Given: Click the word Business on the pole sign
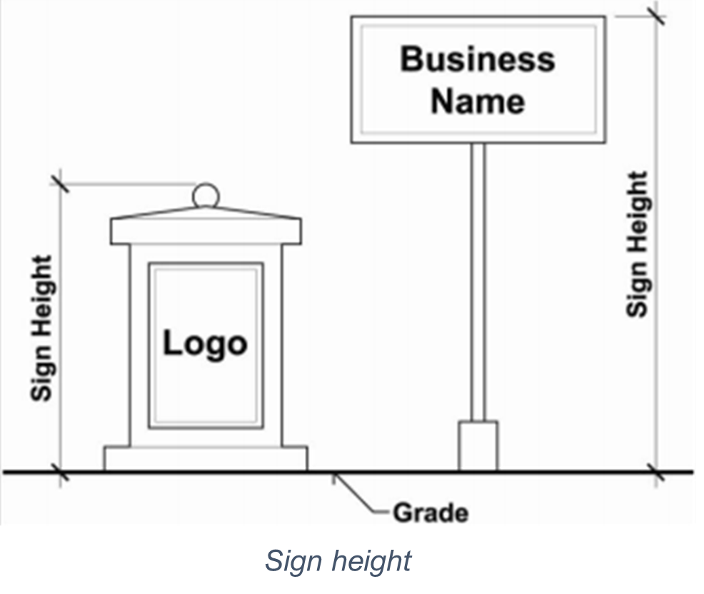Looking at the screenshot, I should (x=477, y=59).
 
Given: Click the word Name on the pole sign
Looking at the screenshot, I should (x=477, y=100).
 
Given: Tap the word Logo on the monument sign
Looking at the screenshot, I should (x=205, y=343).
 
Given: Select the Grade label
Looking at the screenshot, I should (x=431, y=513).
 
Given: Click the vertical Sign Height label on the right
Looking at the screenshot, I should (x=638, y=243).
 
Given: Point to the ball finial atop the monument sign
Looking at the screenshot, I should (x=205, y=194).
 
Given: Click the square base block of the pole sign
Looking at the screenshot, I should (x=478, y=445).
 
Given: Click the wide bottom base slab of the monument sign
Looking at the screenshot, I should (x=206, y=458).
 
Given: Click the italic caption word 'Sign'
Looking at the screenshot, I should (x=290, y=560).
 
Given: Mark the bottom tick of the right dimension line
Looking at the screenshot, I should (x=656, y=472).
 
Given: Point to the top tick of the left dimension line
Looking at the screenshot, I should (x=60, y=183).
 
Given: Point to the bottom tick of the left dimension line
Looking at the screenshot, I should (x=60, y=472).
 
